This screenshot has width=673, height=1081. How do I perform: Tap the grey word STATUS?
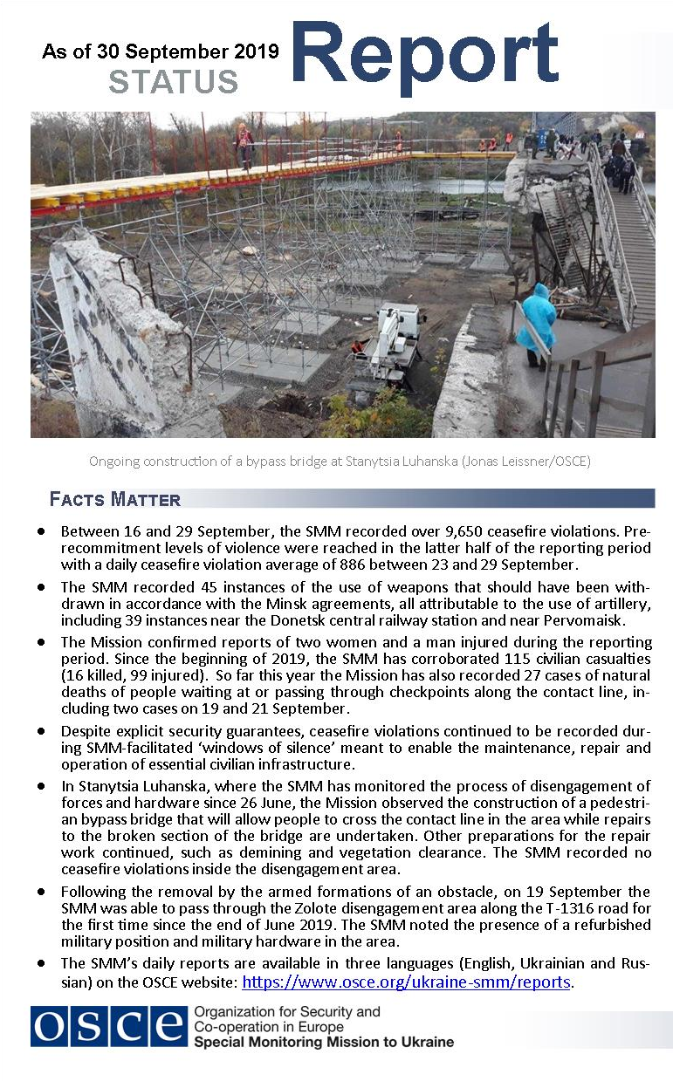pos(174,82)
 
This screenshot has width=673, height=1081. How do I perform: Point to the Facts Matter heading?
pos(115,500)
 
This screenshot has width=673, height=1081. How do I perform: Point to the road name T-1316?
pos(496,907)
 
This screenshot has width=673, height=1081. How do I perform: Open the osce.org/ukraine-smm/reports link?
pos(406,982)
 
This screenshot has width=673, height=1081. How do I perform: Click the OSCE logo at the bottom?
pos(109,1026)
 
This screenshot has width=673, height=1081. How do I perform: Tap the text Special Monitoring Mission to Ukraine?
pos(324,1043)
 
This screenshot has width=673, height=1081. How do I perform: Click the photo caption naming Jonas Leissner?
pos(340,462)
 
